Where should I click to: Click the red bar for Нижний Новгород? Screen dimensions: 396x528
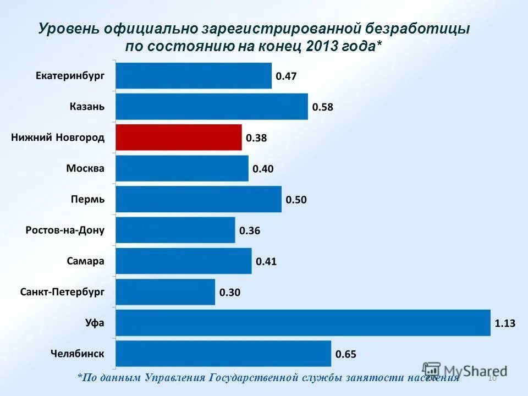pos(178,137)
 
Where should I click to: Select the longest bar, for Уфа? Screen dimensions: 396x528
pos(302,323)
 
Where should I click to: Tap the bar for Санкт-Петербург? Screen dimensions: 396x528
pos(165,292)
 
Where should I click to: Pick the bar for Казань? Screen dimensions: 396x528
pos(212,107)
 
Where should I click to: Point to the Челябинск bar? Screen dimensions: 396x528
pos(223,354)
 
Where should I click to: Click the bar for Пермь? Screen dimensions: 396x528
pos(198,199)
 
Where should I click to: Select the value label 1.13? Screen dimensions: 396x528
pos(505,323)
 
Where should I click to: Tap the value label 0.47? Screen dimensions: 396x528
pos(286,76)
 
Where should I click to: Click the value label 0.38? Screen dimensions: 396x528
pos(256,138)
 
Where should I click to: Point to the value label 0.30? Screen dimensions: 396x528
pos(230,293)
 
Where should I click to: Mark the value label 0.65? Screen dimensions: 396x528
pos(346,354)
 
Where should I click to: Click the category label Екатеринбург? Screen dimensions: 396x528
pos(70,76)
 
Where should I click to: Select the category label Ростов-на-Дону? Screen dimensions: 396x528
pos(65,230)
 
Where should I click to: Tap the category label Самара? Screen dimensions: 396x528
pos(85,261)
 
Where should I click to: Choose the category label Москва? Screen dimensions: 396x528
pos(85,168)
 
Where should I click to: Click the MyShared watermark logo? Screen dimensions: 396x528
pos(465,370)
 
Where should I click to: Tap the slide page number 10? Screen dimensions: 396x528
pos(492,378)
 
